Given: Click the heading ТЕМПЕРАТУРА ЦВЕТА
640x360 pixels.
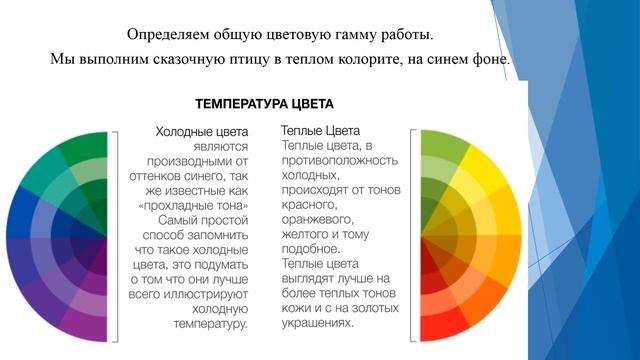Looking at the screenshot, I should [264, 103].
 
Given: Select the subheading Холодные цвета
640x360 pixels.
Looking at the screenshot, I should [202, 130].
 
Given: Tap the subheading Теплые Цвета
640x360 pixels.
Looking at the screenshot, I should [320, 130].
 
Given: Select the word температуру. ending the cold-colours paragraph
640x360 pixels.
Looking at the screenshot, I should [208, 324].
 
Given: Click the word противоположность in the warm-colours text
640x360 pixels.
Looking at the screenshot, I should [340, 160].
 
